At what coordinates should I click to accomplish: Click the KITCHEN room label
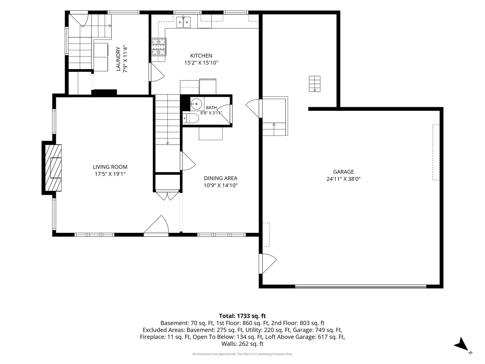tap(201, 56)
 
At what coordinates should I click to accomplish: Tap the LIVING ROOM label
tap(110, 167)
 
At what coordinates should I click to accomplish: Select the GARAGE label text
tap(343, 172)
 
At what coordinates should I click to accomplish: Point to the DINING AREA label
tap(221, 178)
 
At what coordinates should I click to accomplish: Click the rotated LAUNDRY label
tap(118, 59)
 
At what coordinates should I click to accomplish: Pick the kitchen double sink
tap(183, 22)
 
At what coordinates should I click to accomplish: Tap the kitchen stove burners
tap(159, 47)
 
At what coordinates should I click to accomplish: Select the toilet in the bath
tap(191, 118)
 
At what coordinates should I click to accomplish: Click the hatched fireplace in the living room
tap(53, 168)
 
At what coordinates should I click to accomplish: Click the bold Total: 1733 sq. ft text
tap(243, 316)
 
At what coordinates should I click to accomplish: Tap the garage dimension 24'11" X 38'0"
tap(343, 179)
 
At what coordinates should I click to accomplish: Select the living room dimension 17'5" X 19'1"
tap(110, 174)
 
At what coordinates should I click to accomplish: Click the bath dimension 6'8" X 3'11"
tap(211, 113)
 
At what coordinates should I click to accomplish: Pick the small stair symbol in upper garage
tap(315, 84)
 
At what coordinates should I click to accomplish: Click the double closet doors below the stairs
tap(167, 195)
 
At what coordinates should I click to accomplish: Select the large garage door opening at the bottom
tap(361, 286)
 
